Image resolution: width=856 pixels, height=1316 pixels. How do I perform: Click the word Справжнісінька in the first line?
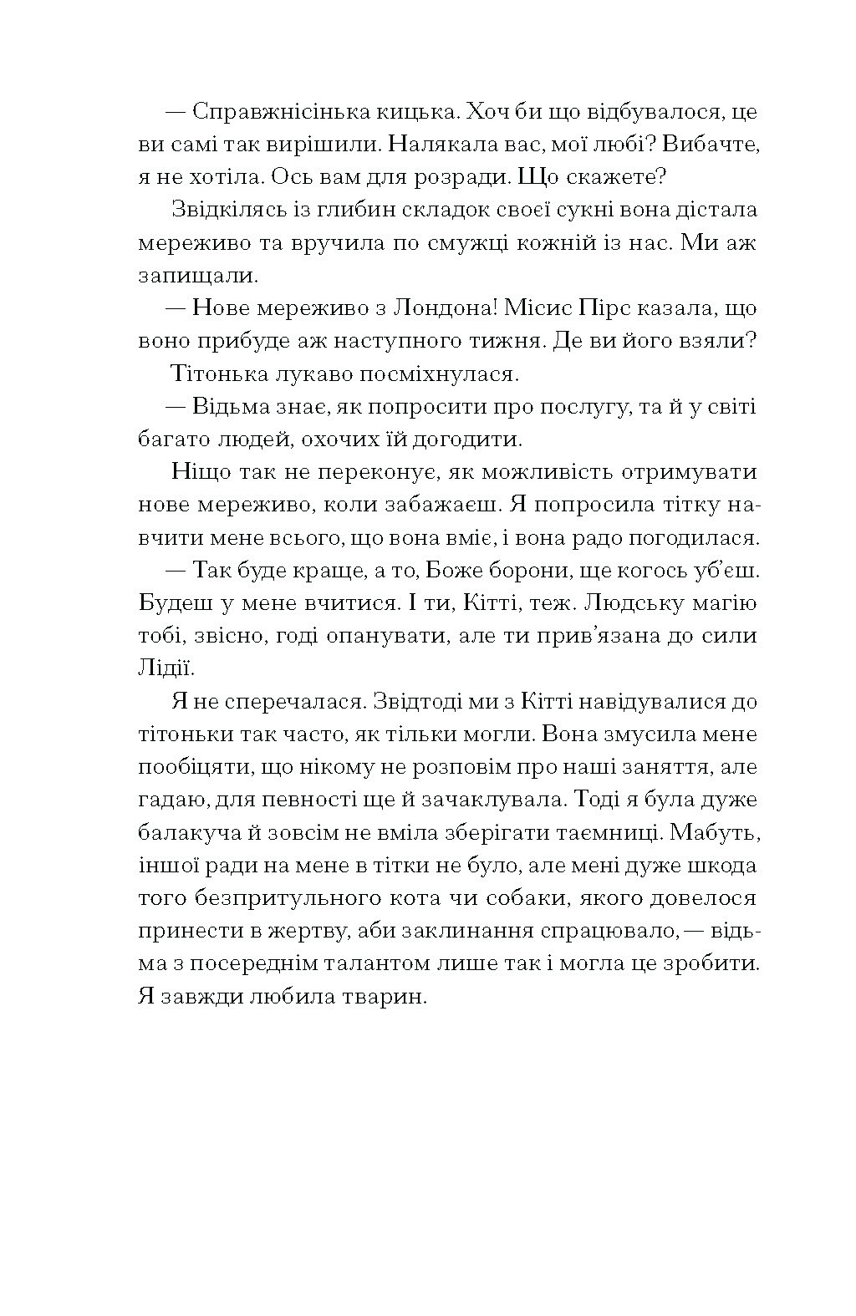click(x=282, y=112)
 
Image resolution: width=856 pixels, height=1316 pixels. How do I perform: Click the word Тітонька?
click(x=218, y=373)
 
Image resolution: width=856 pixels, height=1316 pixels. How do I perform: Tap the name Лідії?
click(x=165, y=668)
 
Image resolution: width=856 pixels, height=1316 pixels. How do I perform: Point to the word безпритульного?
click(x=283, y=897)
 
